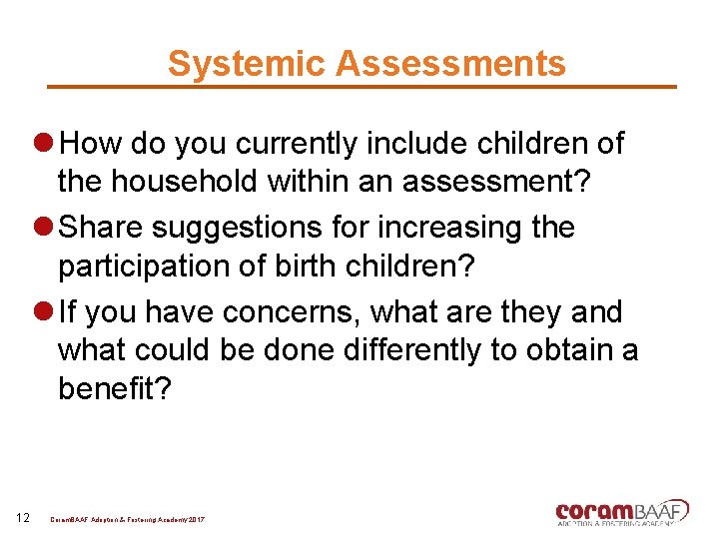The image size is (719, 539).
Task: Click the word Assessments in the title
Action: tap(450, 63)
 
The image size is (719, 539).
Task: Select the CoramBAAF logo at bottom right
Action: tap(621, 512)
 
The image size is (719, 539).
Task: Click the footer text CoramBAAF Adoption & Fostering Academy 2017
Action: tap(127, 520)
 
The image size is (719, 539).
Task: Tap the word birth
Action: tap(318, 267)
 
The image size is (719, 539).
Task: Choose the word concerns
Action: tap(290, 312)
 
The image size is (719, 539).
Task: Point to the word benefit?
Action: tap(115, 389)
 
